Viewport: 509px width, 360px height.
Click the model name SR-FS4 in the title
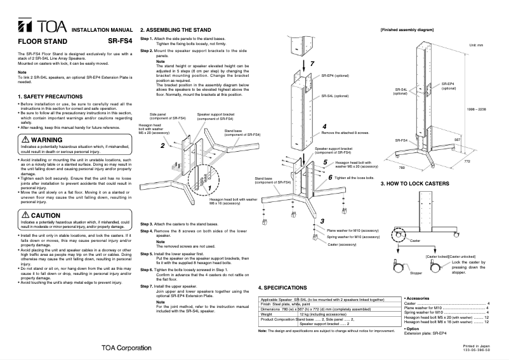tap(120, 41)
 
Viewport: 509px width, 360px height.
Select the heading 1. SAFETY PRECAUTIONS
tap(51, 96)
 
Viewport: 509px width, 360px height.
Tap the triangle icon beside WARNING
tap(24, 139)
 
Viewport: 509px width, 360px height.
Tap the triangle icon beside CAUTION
tap(24, 216)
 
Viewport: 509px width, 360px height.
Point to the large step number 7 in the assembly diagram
tap(312, 65)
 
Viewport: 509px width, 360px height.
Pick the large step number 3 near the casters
tap(322, 220)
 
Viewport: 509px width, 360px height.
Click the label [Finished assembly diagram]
tap(406, 30)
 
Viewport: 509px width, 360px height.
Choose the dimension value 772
tap(486, 163)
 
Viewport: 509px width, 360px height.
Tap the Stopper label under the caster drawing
tap(415, 273)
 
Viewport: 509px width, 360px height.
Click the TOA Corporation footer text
tap(125, 349)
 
